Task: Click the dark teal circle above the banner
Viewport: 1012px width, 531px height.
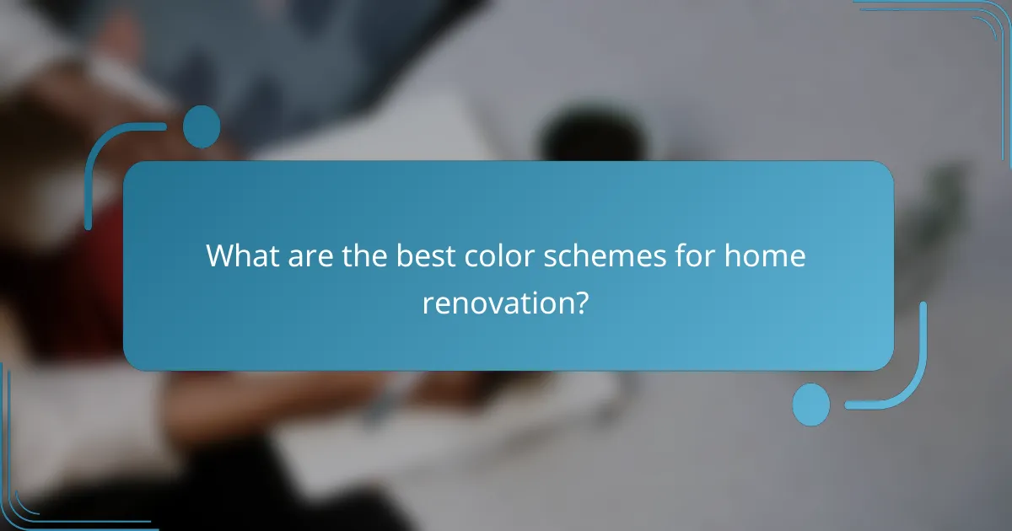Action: tap(202, 126)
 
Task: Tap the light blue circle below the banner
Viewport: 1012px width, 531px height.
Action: tap(811, 405)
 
